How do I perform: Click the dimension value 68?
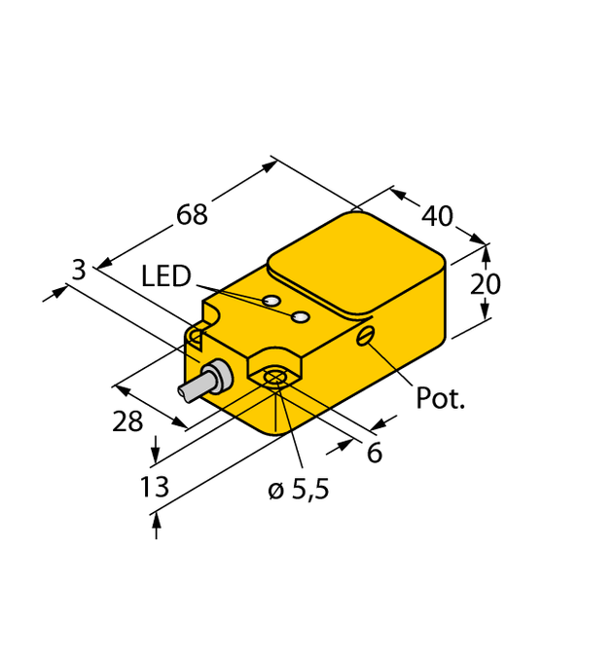coord(193,215)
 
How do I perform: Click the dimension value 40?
coord(438,215)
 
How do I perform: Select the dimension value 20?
coord(486,284)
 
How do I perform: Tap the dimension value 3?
coord(80,271)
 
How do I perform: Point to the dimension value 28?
coord(127,421)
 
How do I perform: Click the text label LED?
coord(166,276)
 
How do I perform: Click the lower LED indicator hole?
coord(302,317)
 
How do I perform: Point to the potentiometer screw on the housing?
coord(366,337)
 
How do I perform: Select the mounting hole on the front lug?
coord(274,378)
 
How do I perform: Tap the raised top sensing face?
coord(355,263)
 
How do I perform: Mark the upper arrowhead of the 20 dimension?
coord(486,250)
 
